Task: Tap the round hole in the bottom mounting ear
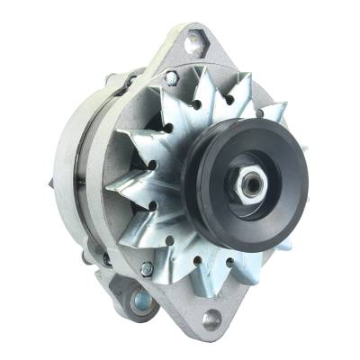(x=212, y=319)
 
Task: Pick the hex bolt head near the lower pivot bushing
(x=147, y=268)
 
